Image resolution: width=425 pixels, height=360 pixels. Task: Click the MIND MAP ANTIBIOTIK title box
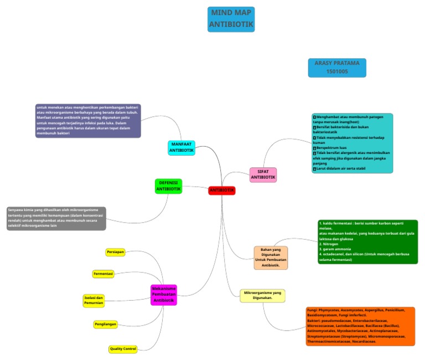tap(232, 19)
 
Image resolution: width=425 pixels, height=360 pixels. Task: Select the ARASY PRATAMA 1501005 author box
tap(337, 68)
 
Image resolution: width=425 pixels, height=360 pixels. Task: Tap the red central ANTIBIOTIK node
tap(222, 191)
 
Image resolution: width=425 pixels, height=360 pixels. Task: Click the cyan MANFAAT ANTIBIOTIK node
tap(182, 147)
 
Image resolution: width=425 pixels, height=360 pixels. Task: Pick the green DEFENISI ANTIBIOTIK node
tap(168, 186)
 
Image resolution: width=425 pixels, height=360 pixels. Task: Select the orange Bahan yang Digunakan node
tap(271, 258)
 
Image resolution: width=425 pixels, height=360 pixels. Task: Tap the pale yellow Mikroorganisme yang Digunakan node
tap(263, 295)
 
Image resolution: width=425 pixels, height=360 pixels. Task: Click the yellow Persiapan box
tap(115, 253)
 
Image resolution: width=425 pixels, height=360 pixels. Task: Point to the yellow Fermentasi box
tap(103, 274)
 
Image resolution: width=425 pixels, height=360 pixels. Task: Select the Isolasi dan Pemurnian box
tap(94, 300)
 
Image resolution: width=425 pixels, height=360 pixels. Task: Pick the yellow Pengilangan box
tap(105, 323)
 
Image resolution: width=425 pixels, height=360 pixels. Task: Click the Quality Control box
tap(123, 349)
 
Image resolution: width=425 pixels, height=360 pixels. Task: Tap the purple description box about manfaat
tap(87, 120)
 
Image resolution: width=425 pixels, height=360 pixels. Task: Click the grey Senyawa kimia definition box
tap(55, 218)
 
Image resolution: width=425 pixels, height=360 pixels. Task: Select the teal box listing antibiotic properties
tap(353, 143)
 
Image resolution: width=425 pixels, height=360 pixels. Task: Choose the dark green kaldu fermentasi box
tap(367, 241)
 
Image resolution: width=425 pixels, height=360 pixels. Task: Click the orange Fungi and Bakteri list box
tap(360, 326)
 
